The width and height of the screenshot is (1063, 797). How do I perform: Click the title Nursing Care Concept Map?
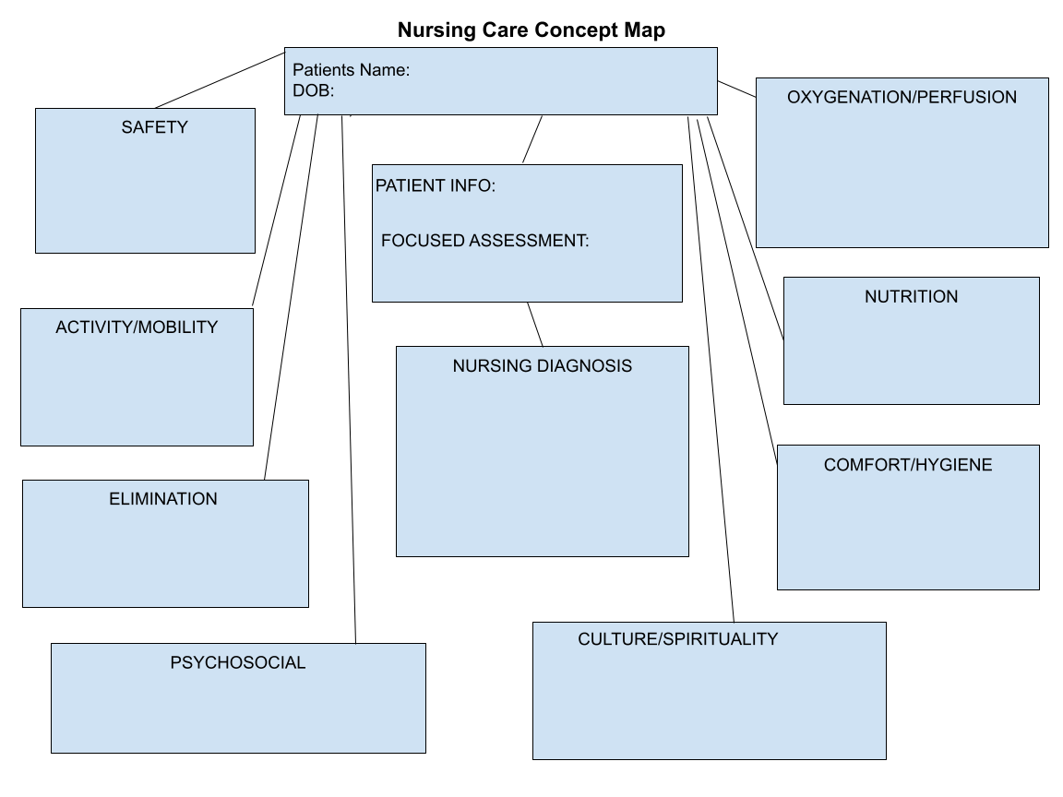[531, 30]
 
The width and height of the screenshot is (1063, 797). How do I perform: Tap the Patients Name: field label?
[351, 70]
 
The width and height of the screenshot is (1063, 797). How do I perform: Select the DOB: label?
[313, 90]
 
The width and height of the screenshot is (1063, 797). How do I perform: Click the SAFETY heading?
[154, 127]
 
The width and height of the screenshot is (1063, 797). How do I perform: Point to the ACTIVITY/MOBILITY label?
[137, 327]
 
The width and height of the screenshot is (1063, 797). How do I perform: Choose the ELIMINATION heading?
[163, 499]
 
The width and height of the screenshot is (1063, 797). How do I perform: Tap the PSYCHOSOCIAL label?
[237, 662]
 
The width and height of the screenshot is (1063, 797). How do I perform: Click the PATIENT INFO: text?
[436, 185]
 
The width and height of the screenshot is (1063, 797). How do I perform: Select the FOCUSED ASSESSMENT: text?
[484, 241]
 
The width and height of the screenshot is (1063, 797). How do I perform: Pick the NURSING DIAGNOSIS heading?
[542, 366]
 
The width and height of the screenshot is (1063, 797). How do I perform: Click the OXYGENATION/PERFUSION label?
[902, 97]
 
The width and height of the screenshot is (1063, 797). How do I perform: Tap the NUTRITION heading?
[911, 296]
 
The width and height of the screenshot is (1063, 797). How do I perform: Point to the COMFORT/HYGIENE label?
[908, 465]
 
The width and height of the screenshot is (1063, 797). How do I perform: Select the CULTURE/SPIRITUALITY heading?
[677, 638]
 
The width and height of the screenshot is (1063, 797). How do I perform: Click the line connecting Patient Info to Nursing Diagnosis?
[535, 324]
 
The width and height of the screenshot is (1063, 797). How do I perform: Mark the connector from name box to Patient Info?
[532, 139]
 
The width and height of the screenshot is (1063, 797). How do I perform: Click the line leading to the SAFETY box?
[220, 79]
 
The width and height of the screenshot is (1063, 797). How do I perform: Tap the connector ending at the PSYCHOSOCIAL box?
[349, 378]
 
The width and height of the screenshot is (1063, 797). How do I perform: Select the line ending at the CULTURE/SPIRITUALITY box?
[711, 369]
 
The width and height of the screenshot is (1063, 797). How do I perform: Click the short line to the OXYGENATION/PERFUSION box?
[736, 88]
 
